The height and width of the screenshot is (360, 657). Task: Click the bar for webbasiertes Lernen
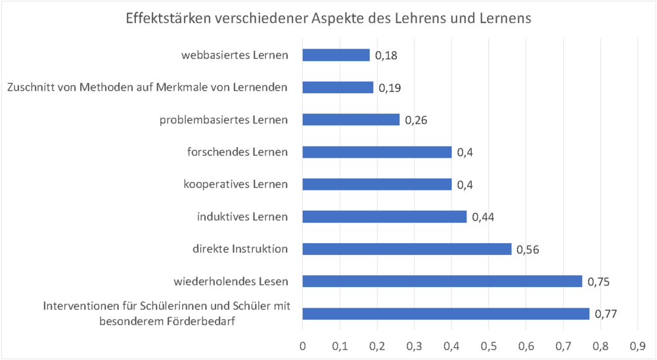pos(336,55)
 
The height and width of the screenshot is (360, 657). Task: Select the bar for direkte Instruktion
pos(407,249)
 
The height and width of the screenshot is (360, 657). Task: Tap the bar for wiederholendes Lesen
pos(442,281)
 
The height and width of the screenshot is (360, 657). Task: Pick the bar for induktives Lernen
pos(384,217)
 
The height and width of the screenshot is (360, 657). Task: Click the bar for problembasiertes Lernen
pos(351,120)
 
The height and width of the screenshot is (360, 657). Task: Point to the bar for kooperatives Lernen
pos(377,185)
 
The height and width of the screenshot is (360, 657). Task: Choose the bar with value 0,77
pos(445,314)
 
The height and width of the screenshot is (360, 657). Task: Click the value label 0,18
pos(386,56)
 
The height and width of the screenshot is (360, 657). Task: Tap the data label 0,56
pos(528,250)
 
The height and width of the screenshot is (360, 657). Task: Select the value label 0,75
pos(599,282)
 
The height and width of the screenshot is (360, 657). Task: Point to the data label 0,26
pos(417,120)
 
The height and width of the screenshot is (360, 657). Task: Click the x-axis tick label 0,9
pos(637,345)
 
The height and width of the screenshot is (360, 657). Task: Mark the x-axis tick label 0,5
pos(488,345)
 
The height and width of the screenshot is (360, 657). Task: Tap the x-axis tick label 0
pos(302,345)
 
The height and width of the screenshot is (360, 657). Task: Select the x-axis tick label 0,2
pos(376,345)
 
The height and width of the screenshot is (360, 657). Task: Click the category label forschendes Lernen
pos(237,152)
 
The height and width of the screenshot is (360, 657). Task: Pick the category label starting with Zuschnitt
pos(147,87)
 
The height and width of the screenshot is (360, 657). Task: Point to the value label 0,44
pos(484,217)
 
